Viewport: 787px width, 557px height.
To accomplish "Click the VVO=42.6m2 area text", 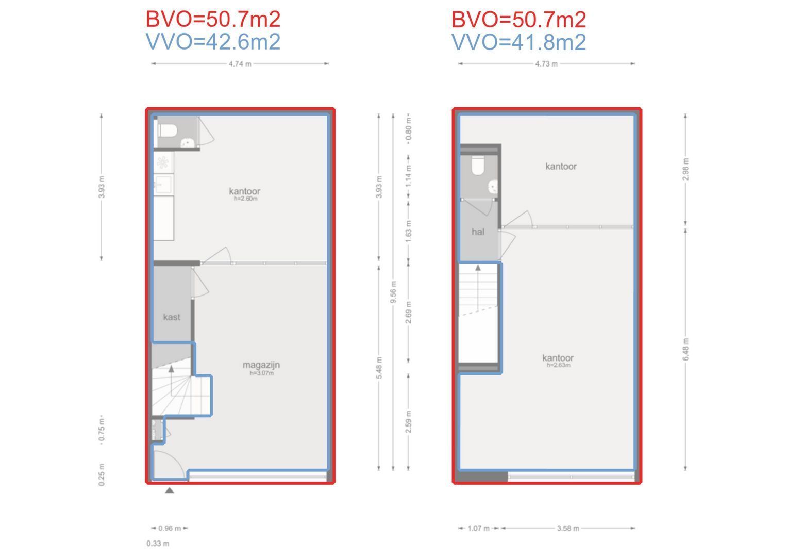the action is (x=213, y=42).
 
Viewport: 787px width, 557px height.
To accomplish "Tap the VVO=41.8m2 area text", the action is (x=519, y=42).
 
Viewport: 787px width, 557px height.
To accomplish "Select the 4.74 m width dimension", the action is (x=240, y=64).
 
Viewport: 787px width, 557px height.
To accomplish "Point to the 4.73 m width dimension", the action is (x=546, y=64).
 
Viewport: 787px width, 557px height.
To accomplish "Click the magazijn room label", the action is (x=261, y=365).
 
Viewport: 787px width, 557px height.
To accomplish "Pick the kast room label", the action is (x=172, y=317).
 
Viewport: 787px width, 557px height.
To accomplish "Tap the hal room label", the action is (x=478, y=232).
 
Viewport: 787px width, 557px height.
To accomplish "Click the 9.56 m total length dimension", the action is (x=394, y=292).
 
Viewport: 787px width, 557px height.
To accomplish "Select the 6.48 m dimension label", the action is (x=685, y=349).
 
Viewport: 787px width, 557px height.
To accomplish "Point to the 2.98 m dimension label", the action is (x=685, y=169).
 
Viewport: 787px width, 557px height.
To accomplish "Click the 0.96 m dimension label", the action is (x=170, y=528).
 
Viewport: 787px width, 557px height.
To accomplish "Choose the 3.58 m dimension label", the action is (x=568, y=528).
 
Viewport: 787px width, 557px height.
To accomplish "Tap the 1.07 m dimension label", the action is (x=478, y=528).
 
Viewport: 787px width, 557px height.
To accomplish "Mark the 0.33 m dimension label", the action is (x=158, y=544).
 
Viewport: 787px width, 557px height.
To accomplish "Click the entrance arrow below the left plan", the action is (x=170, y=490).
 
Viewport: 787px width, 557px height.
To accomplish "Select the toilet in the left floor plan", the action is (x=168, y=131).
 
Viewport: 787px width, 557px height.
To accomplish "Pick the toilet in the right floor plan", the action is (x=478, y=165).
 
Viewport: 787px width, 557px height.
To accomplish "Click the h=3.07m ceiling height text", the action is (x=262, y=373).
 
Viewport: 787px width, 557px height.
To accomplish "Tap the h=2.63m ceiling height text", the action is (x=559, y=365).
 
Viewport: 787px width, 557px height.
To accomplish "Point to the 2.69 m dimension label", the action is (x=408, y=313).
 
